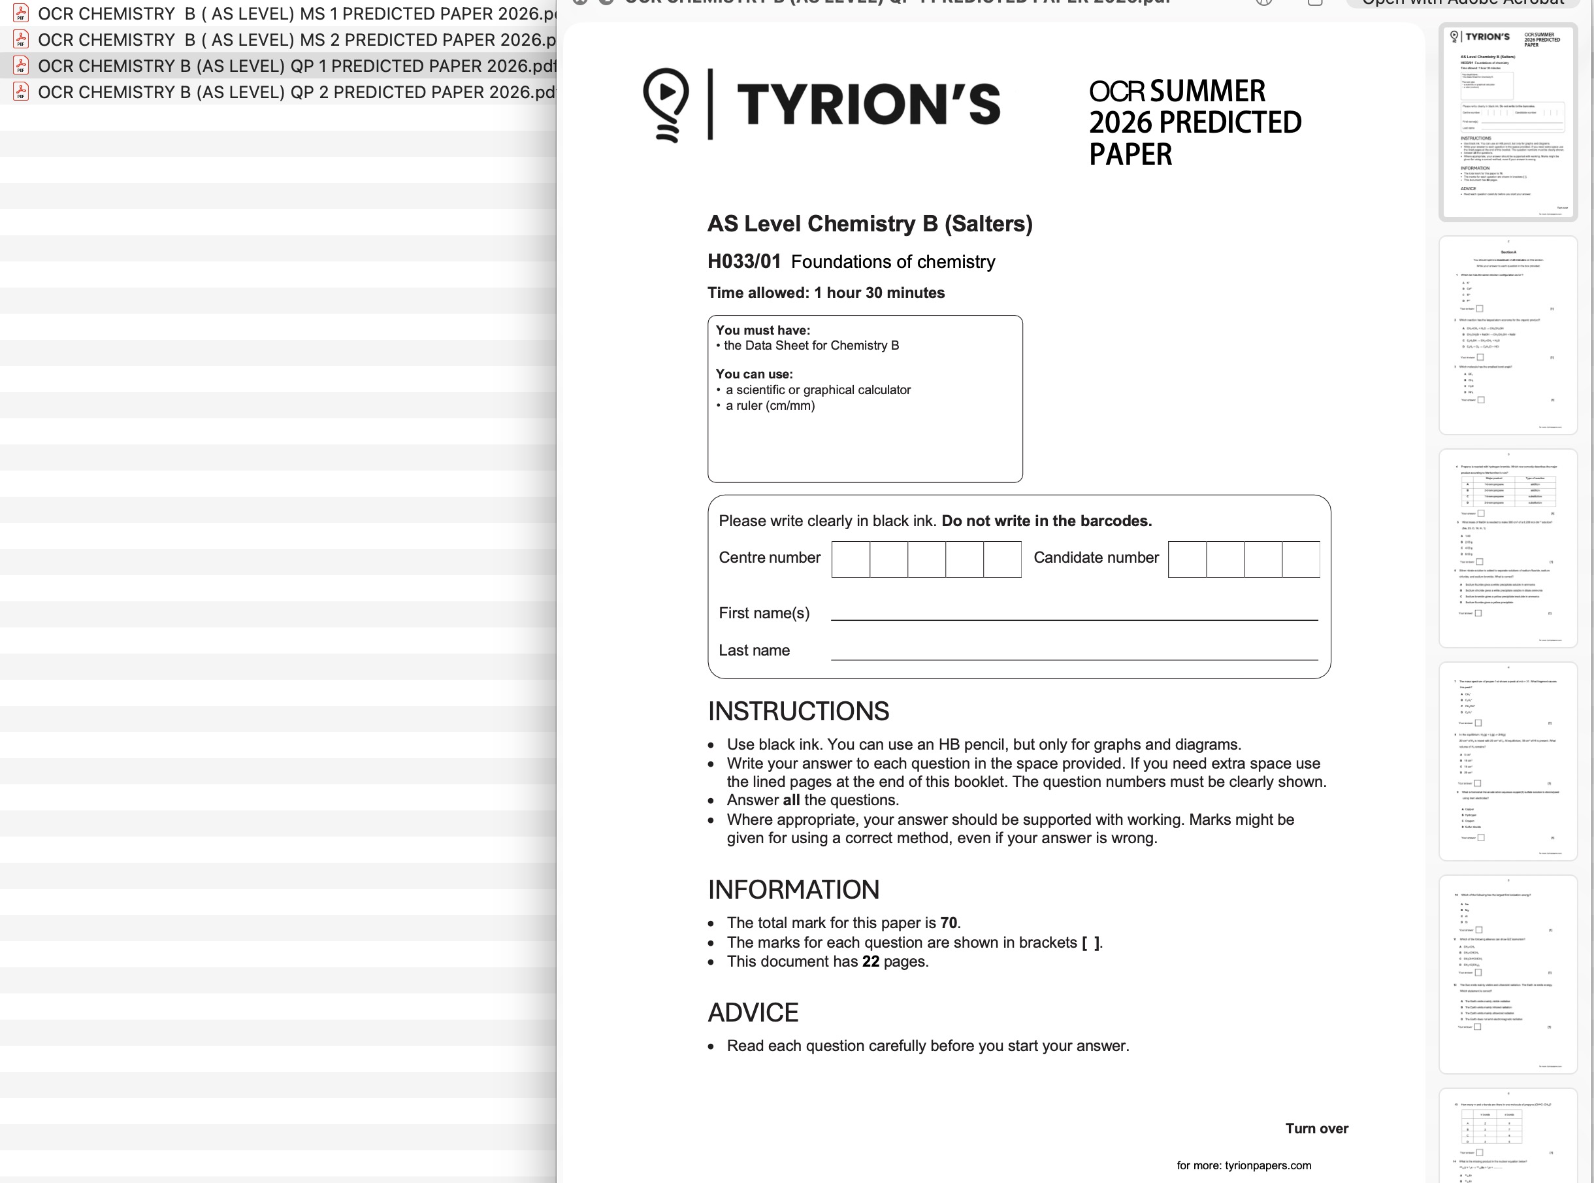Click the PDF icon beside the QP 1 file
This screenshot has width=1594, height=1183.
pos(21,66)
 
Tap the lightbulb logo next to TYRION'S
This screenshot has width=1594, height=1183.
pos(666,105)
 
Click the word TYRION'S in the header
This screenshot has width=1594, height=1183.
pos(868,105)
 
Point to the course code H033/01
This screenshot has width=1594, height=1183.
pos(743,262)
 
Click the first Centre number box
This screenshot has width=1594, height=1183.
pos(851,559)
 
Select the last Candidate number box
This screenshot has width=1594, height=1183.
pos(1301,559)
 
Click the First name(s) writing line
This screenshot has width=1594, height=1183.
pos(1073,613)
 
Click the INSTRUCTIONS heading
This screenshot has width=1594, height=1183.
pos(798,712)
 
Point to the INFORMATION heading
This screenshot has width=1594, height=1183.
pos(793,890)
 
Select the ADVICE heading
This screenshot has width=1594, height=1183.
pos(753,1012)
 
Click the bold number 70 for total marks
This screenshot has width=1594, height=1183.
pos(949,923)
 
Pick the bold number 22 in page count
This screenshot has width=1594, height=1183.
pos(870,961)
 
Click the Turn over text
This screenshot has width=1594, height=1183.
pos(1316,1129)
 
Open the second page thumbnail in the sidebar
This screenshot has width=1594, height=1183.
pos(1507,335)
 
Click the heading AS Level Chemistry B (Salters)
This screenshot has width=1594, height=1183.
pos(870,224)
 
